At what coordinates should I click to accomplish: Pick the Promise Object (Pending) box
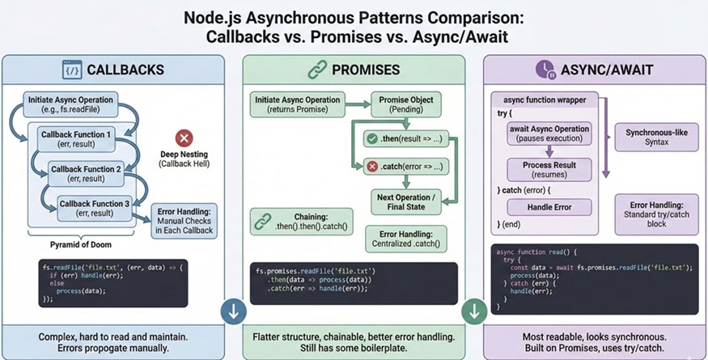point(403,103)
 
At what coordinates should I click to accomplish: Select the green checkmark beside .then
point(372,140)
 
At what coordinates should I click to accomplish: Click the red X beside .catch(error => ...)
point(372,167)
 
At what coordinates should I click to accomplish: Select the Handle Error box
point(549,207)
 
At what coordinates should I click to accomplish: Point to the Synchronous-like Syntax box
point(657,138)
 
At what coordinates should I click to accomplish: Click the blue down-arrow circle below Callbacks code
point(233,311)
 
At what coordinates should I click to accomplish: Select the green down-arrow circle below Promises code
point(473,311)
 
